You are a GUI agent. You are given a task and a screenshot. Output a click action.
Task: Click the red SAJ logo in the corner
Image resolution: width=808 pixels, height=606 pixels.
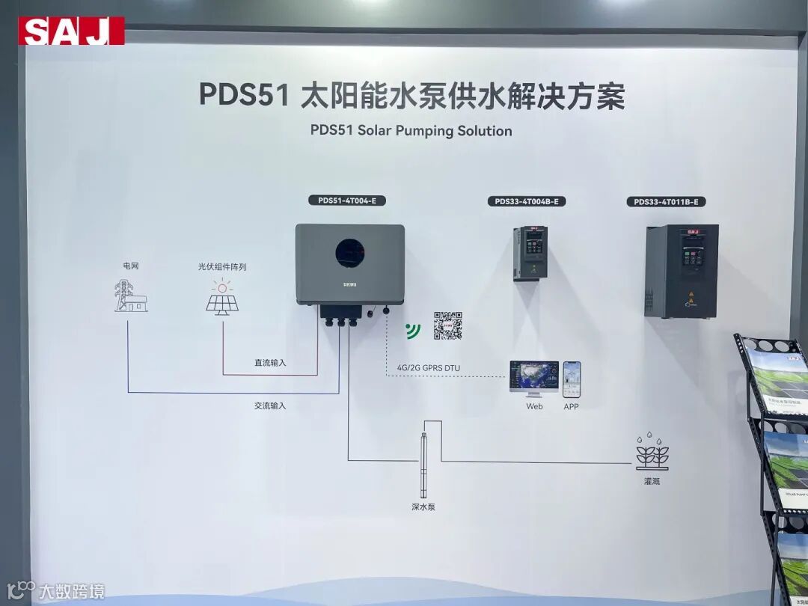[71, 31]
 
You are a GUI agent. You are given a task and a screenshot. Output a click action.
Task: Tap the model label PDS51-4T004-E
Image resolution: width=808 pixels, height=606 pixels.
[347, 201]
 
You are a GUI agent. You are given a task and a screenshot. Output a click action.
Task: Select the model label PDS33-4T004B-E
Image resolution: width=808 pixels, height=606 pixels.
[527, 201]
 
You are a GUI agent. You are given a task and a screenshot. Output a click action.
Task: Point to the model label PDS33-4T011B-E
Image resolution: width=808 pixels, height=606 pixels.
[666, 201]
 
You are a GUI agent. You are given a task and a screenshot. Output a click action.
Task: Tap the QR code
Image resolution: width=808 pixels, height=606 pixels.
[447, 325]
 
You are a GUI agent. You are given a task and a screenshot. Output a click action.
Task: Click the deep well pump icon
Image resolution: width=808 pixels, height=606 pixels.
[423, 464]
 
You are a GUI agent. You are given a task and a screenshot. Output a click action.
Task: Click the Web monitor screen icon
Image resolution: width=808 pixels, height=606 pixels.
[534, 379]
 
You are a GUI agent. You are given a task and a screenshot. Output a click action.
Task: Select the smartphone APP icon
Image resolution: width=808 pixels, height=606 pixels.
[572, 379]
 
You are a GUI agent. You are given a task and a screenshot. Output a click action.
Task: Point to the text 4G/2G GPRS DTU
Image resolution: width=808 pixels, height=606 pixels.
[424, 367]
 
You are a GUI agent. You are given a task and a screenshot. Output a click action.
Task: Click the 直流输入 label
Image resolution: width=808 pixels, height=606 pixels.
[270, 363]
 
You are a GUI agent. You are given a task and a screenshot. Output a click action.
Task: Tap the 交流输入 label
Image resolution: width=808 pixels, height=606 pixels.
[270, 405]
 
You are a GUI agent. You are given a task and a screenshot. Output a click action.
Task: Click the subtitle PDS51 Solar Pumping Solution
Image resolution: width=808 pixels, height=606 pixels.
[411, 131]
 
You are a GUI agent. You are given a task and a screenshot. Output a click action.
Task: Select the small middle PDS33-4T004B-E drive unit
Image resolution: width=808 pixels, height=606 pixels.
[530, 253]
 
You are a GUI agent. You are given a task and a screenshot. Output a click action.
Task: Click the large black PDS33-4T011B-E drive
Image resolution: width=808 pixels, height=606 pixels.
[681, 270]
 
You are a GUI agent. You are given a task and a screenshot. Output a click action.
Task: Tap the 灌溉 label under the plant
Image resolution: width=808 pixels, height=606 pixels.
[651, 481]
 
